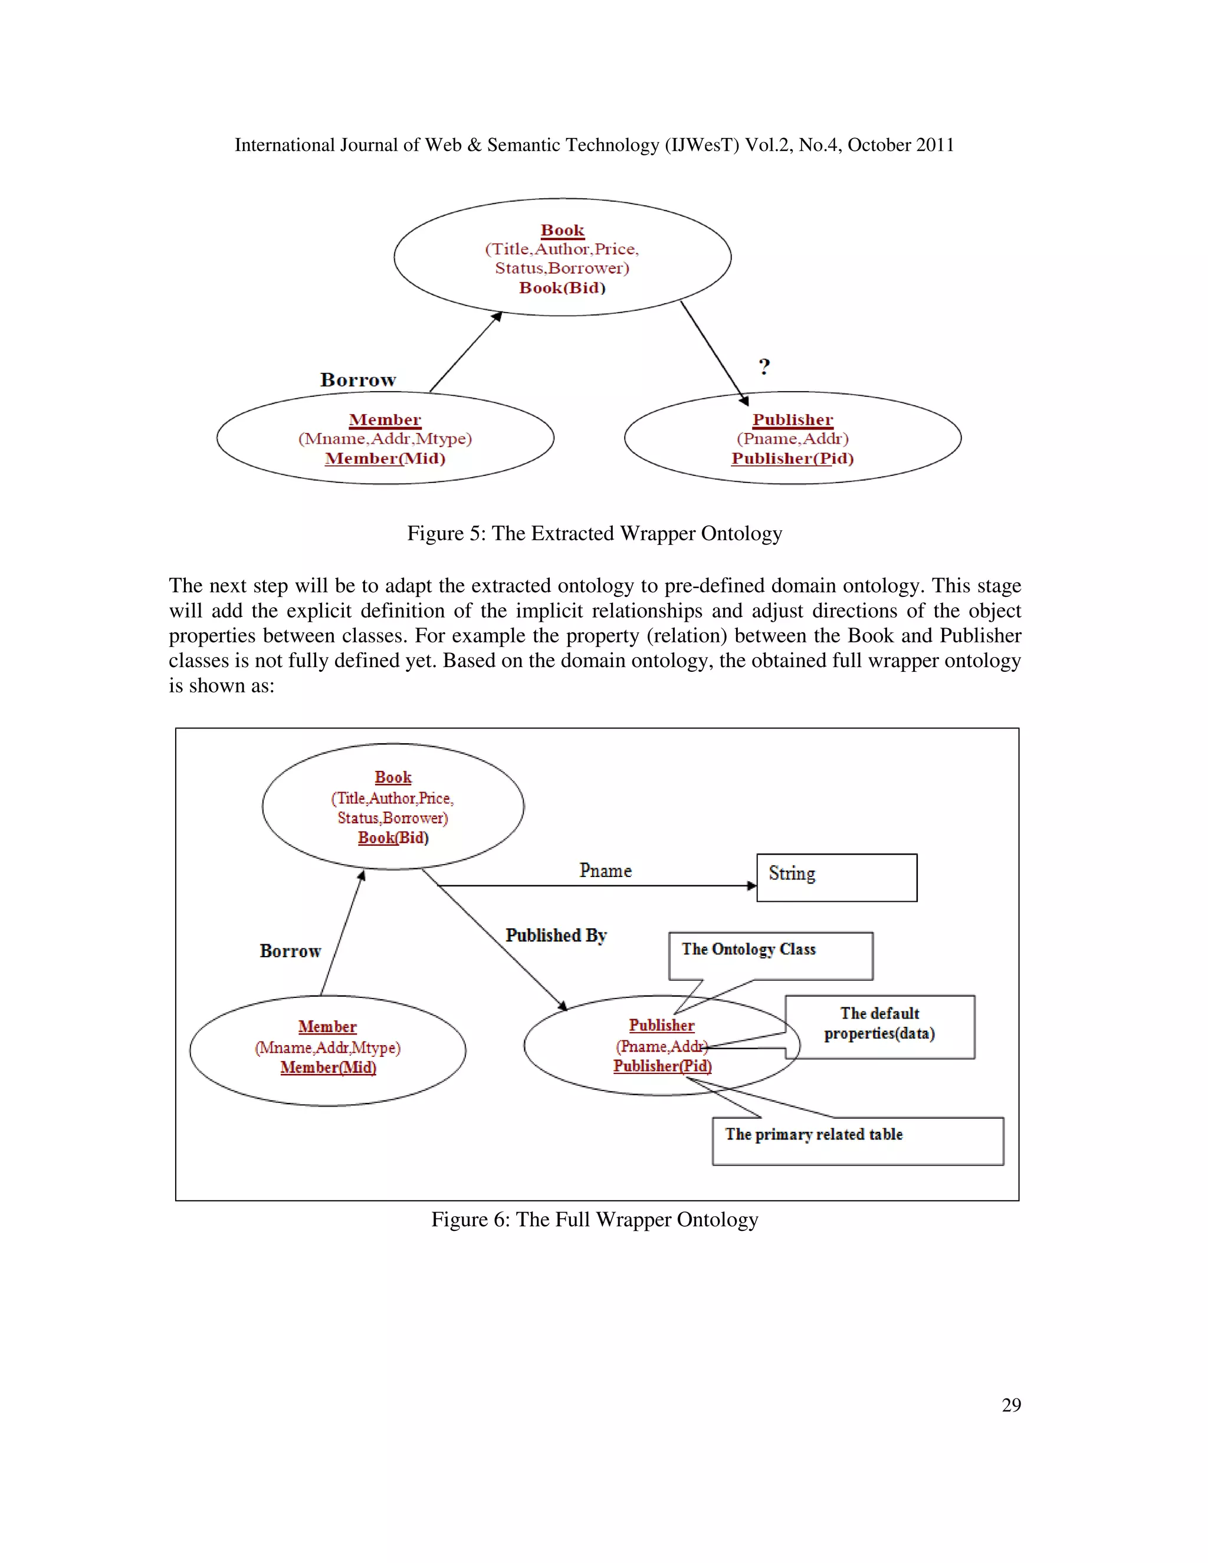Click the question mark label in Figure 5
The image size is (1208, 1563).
(x=764, y=367)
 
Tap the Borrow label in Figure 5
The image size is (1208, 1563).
(x=358, y=380)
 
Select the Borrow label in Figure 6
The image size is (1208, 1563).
(x=290, y=951)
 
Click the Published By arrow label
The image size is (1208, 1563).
(x=556, y=935)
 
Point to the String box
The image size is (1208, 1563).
(x=836, y=878)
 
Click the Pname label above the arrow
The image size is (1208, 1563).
(x=605, y=871)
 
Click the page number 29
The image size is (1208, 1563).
(x=1011, y=1405)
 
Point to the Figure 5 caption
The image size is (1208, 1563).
(x=594, y=534)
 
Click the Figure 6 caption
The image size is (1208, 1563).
(x=594, y=1220)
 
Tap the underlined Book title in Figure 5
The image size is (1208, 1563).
(x=563, y=231)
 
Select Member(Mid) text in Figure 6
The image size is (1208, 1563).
(x=328, y=1067)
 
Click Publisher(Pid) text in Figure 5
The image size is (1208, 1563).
(x=792, y=459)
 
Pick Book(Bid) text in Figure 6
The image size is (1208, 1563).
(x=393, y=838)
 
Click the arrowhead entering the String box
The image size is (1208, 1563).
(x=751, y=886)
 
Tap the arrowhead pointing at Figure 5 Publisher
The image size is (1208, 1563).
(x=744, y=400)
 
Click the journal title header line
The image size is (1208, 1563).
(x=594, y=145)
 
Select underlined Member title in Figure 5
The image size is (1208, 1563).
(x=385, y=420)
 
